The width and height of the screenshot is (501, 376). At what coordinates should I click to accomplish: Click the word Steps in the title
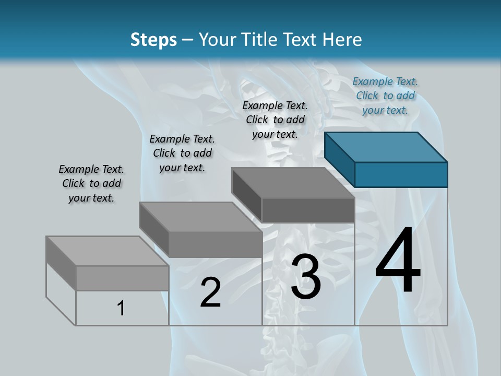point(153,40)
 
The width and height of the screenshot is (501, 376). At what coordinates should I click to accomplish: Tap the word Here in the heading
point(342,40)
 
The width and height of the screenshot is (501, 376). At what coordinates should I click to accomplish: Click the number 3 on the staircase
point(306,277)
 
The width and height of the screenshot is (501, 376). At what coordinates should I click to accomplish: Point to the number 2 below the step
point(210,292)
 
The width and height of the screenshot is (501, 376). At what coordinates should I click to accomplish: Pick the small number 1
point(121,308)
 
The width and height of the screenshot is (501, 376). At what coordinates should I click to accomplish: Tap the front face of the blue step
point(401,174)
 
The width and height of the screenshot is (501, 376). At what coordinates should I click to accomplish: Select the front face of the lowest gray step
point(122,278)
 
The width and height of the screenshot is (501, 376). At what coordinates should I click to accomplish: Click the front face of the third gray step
point(308,210)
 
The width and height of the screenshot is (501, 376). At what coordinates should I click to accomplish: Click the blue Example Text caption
point(385,96)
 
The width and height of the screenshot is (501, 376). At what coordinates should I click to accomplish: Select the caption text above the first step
point(91,183)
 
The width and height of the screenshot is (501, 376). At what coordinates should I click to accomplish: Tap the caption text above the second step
point(182,153)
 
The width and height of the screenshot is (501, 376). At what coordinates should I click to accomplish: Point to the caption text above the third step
point(275,120)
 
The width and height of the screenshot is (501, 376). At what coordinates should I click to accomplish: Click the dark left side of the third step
point(246,193)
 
